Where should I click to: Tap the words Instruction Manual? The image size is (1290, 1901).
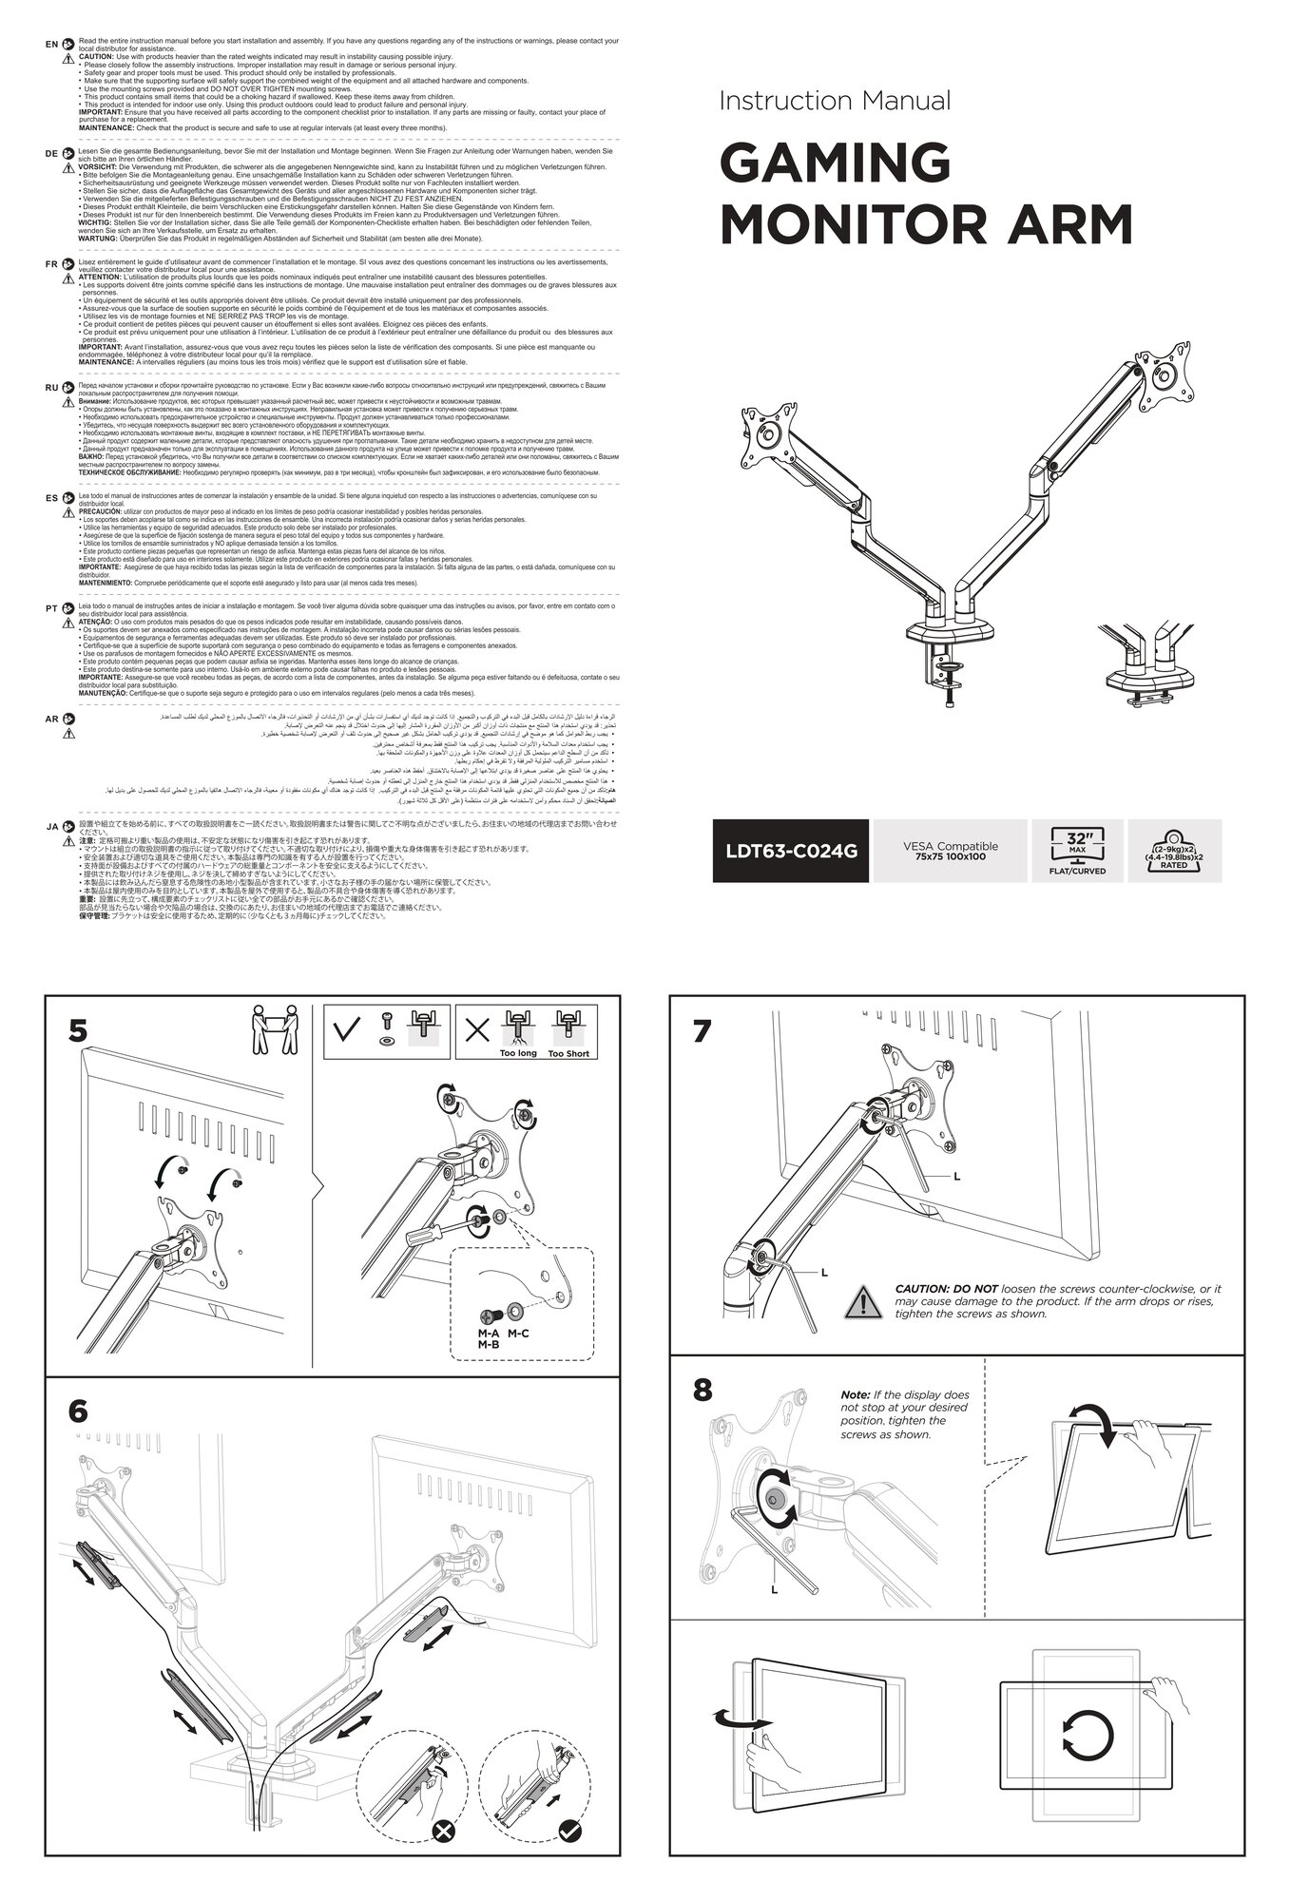pos(835,100)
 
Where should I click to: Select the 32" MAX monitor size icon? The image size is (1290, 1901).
pos(1076,851)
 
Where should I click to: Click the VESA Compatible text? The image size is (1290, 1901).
pos(951,851)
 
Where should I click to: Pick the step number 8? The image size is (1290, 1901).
pos(702,1391)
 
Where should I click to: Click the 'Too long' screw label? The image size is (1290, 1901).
pos(519,1053)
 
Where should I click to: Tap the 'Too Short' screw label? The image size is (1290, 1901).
pos(568,1053)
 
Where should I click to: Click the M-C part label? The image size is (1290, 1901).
pos(518,1334)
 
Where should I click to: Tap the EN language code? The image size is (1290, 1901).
pos(51,45)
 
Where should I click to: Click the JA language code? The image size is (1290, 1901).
pos(51,827)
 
